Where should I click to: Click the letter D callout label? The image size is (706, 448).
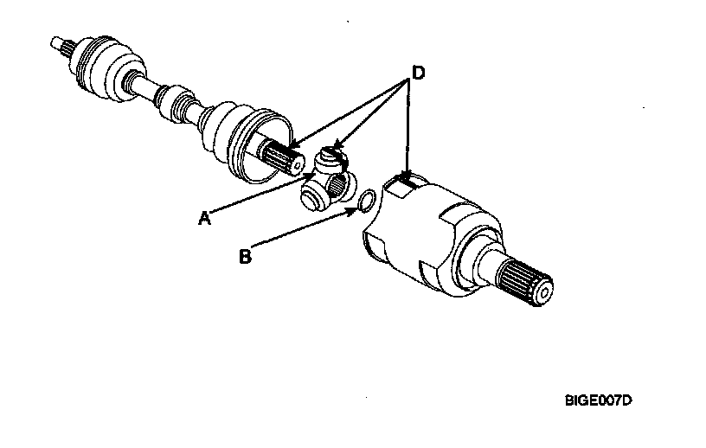click(418, 73)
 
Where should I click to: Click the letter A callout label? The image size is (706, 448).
click(205, 218)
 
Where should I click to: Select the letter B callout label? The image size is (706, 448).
click(246, 256)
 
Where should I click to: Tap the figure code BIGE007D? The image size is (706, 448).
click(599, 400)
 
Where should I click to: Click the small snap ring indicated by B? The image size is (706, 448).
click(367, 200)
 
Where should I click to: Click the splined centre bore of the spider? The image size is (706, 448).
click(338, 183)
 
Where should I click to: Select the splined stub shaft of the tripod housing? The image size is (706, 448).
click(525, 282)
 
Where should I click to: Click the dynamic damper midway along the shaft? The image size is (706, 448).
click(176, 103)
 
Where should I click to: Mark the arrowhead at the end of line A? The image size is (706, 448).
click(310, 176)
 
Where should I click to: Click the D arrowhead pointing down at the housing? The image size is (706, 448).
click(408, 176)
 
